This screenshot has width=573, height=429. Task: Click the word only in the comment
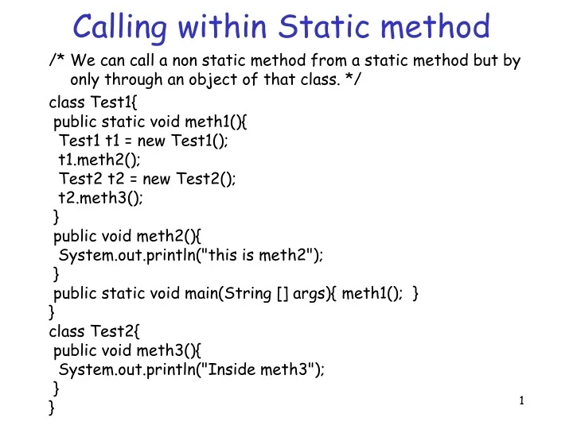[87, 79]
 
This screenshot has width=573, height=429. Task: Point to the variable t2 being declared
[116, 180]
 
